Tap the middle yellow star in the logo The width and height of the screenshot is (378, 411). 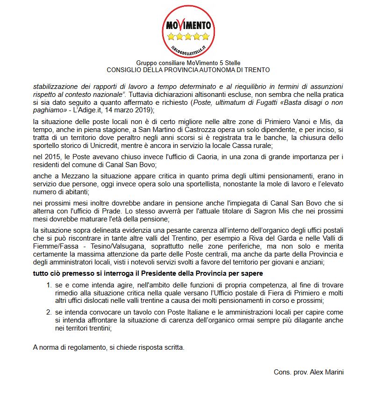pos(188,37)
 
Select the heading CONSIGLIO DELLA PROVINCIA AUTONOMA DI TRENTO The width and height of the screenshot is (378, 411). pos(188,70)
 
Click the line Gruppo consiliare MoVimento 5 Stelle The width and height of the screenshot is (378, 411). pos(188,63)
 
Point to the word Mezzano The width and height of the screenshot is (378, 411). pos(63,176)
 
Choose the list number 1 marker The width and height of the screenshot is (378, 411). pos(48,285)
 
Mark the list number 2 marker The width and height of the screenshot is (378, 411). pos(48,312)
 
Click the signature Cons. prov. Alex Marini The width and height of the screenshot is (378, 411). pos(309,372)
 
